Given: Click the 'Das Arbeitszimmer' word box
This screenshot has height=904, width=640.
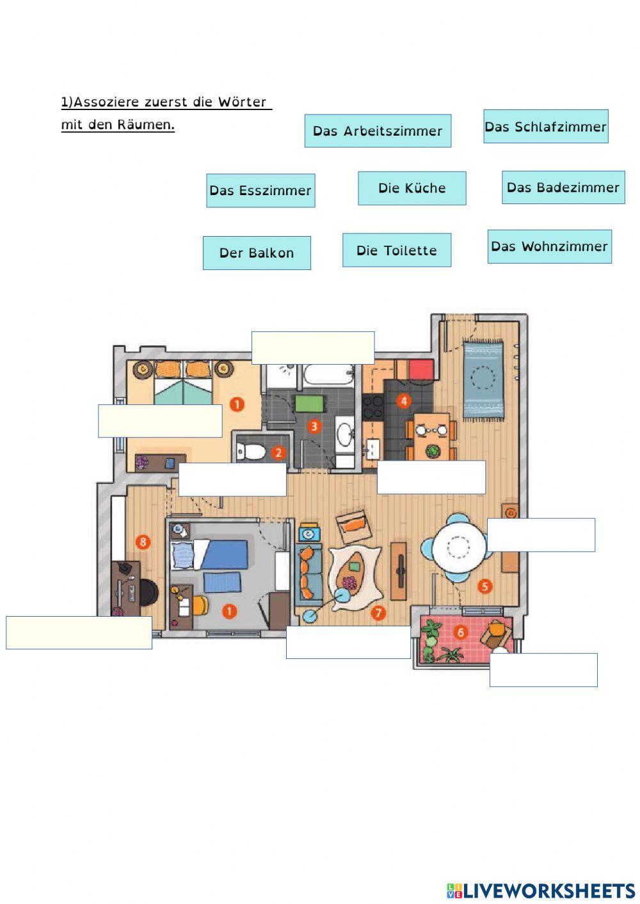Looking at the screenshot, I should [x=378, y=131].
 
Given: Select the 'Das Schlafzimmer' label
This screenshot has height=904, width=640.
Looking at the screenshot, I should [x=545, y=127].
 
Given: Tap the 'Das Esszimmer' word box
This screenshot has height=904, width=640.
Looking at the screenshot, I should [x=260, y=191].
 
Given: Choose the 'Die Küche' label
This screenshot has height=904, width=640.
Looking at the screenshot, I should [x=412, y=188].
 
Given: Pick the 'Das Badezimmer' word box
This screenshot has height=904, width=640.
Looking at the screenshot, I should [x=563, y=187].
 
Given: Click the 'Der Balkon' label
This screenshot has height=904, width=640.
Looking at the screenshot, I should [x=257, y=253].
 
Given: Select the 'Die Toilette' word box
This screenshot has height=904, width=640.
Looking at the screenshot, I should [x=397, y=250].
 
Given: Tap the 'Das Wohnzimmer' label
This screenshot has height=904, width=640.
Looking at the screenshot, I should [x=549, y=246].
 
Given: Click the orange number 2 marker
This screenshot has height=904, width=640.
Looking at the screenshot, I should [x=278, y=453].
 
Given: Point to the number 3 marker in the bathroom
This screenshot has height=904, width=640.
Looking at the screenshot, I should [x=314, y=425].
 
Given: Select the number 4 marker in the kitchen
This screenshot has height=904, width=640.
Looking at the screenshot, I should [x=403, y=401].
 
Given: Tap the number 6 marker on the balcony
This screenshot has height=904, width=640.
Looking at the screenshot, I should [x=460, y=633].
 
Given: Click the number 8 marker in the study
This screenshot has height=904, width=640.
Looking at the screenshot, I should [x=143, y=543].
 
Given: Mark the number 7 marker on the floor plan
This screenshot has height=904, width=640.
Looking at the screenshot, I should [x=379, y=613].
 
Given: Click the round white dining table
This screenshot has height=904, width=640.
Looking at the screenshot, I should [x=459, y=548].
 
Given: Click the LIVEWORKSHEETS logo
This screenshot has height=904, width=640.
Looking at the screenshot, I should [x=541, y=890].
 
